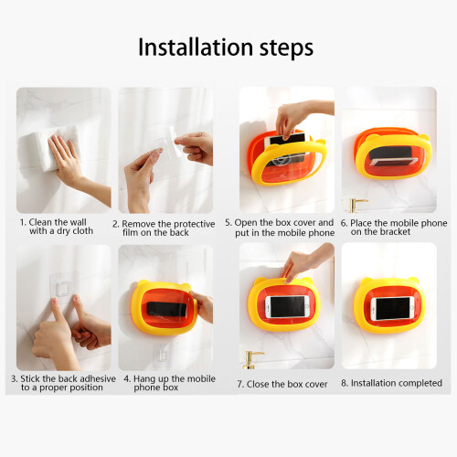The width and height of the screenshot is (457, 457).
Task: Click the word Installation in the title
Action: [x=196, y=48]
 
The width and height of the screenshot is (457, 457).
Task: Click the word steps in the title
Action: [x=286, y=48]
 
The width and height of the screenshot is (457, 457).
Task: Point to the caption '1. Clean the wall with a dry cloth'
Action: [x=57, y=227]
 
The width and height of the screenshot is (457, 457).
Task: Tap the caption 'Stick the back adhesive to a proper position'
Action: [x=63, y=383]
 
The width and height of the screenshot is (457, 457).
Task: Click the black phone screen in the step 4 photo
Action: [x=166, y=310]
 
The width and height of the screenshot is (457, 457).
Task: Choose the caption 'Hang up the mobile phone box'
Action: [x=169, y=383]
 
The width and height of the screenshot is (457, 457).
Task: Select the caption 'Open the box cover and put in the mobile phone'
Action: [x=280, y=228]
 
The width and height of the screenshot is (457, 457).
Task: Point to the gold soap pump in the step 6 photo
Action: [x=356, y=206]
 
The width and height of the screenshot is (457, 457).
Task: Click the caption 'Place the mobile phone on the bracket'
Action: [x=394, y=228]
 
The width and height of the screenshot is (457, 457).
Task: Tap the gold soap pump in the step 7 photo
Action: [x=252, y=360]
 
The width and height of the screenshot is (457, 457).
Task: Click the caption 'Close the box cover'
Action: [x=282, y=384]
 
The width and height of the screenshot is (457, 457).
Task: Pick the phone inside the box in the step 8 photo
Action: [x=392, y=309]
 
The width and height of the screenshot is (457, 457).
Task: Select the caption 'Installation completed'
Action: [x=391, y=383]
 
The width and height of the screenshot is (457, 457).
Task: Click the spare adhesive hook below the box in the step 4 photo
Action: [x=162, y=355]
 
